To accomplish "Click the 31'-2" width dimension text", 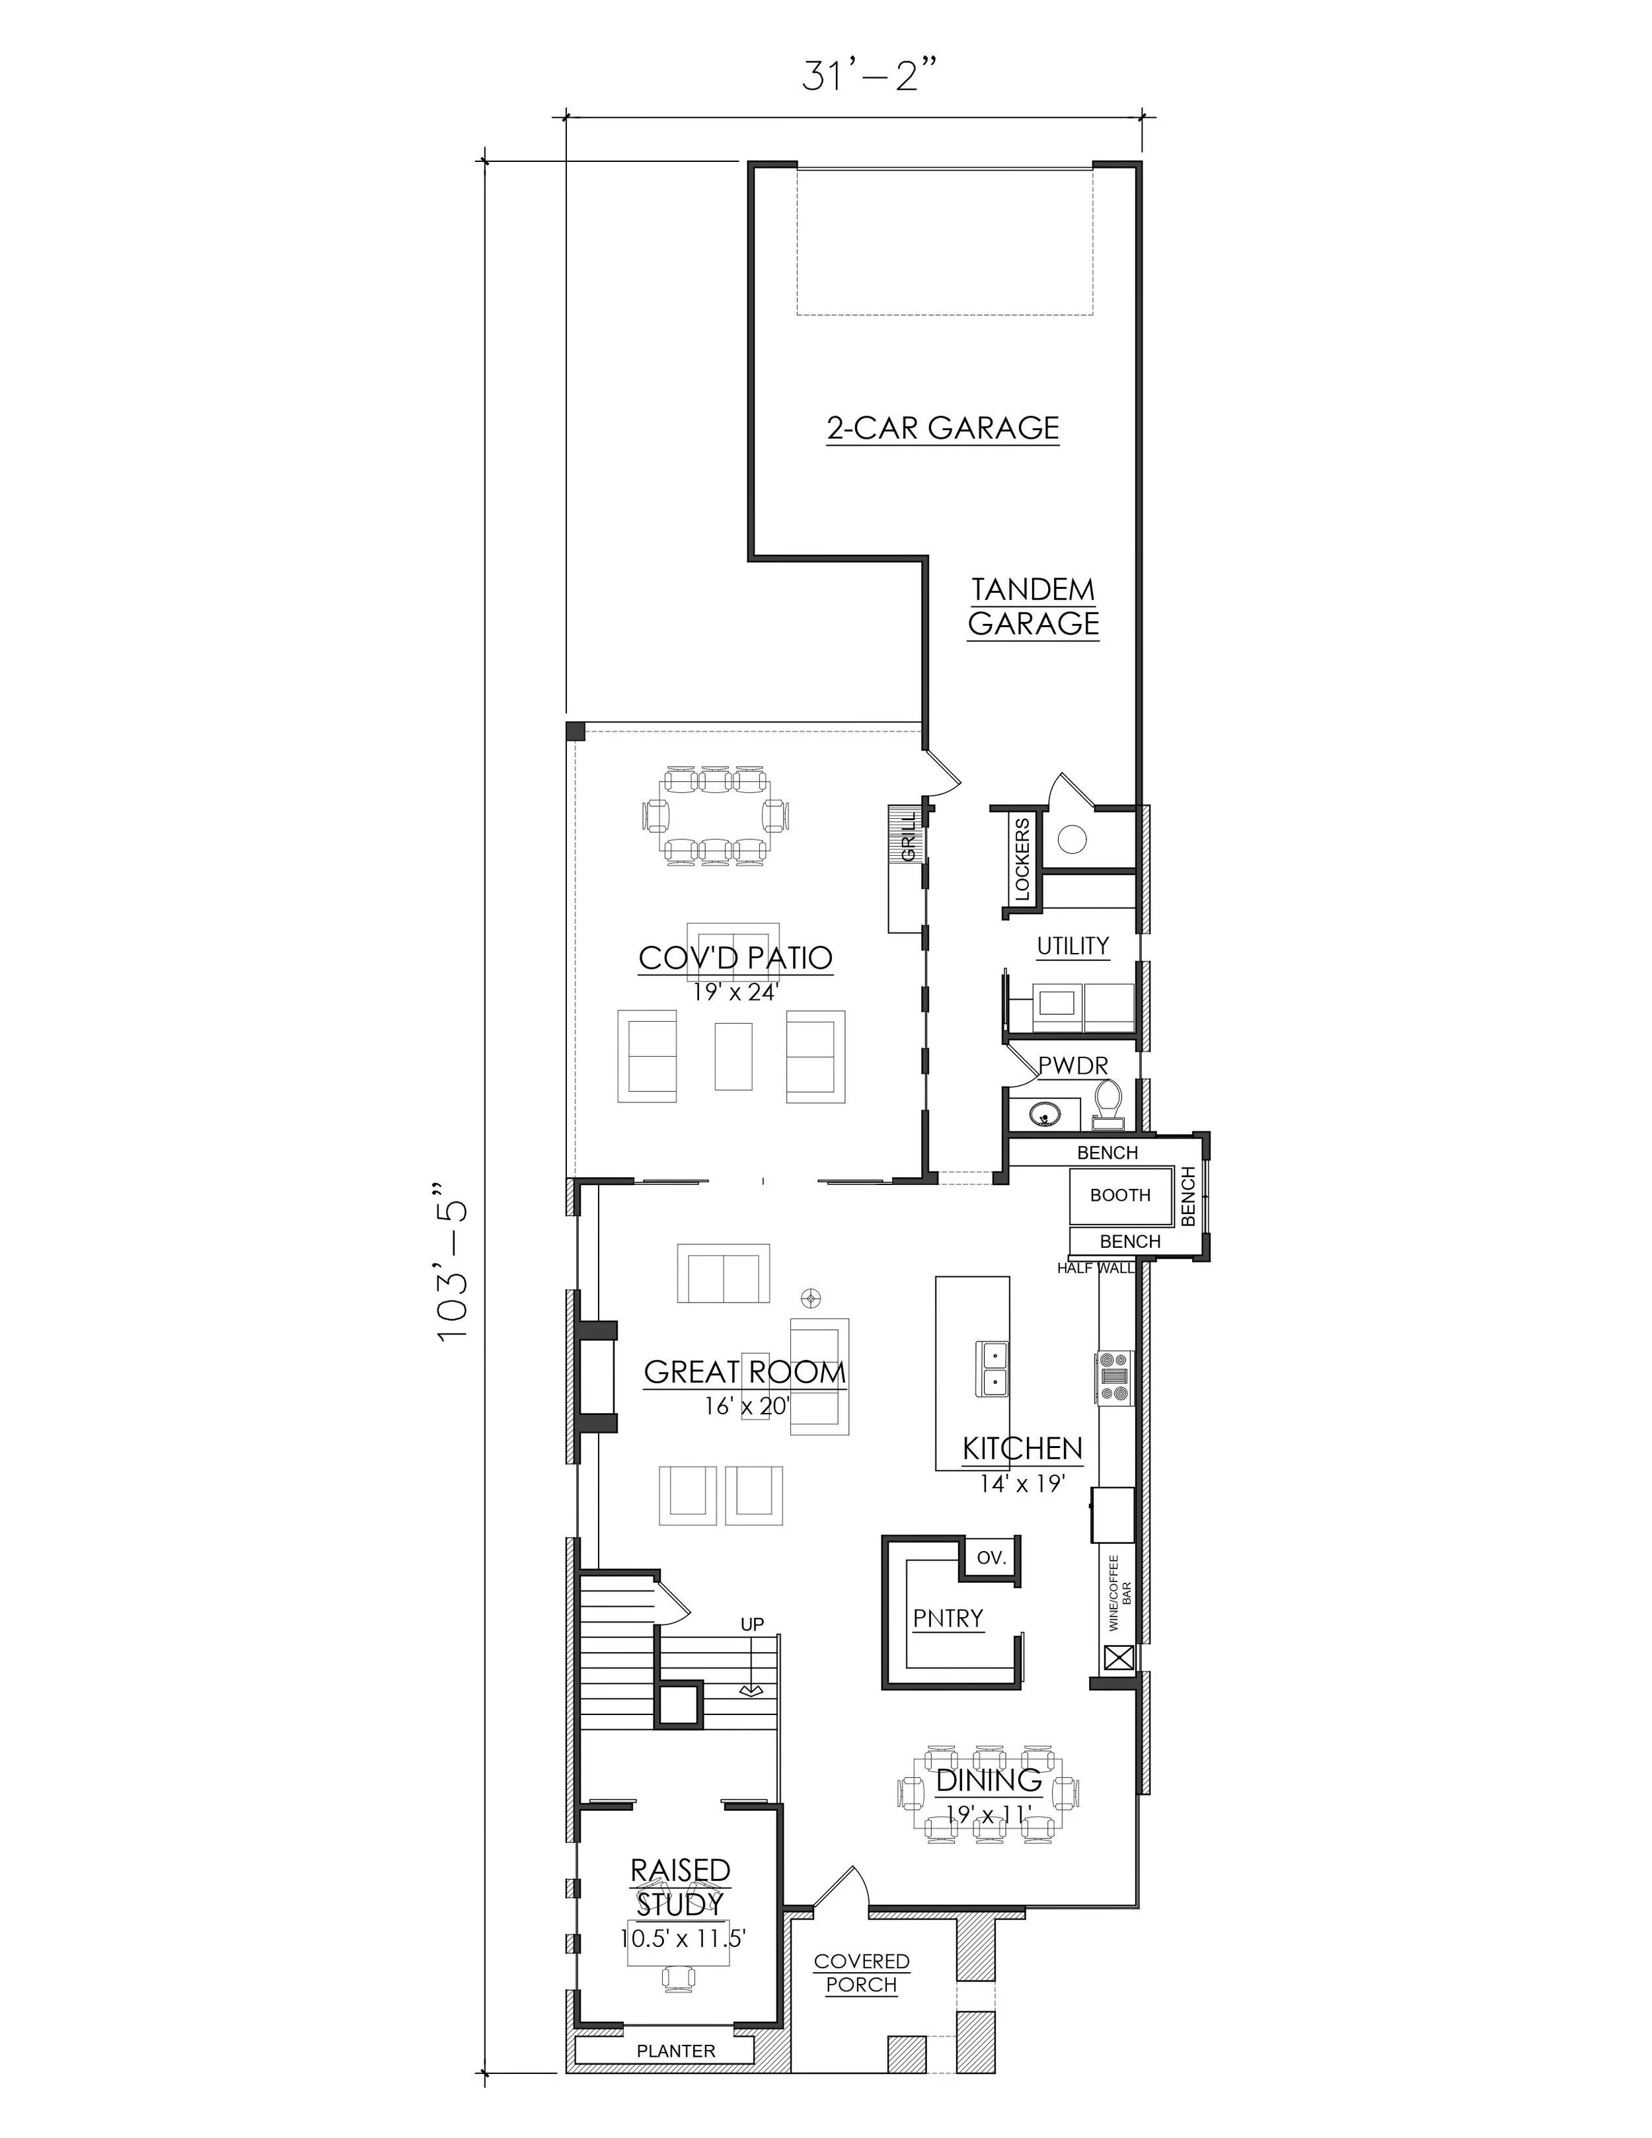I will pos(861,75).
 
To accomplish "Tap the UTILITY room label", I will pos(1072,946).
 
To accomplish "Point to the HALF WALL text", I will pos(1095,1268).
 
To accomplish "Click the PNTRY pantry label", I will pos(948,1618).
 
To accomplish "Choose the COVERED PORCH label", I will pos(861,1973).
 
